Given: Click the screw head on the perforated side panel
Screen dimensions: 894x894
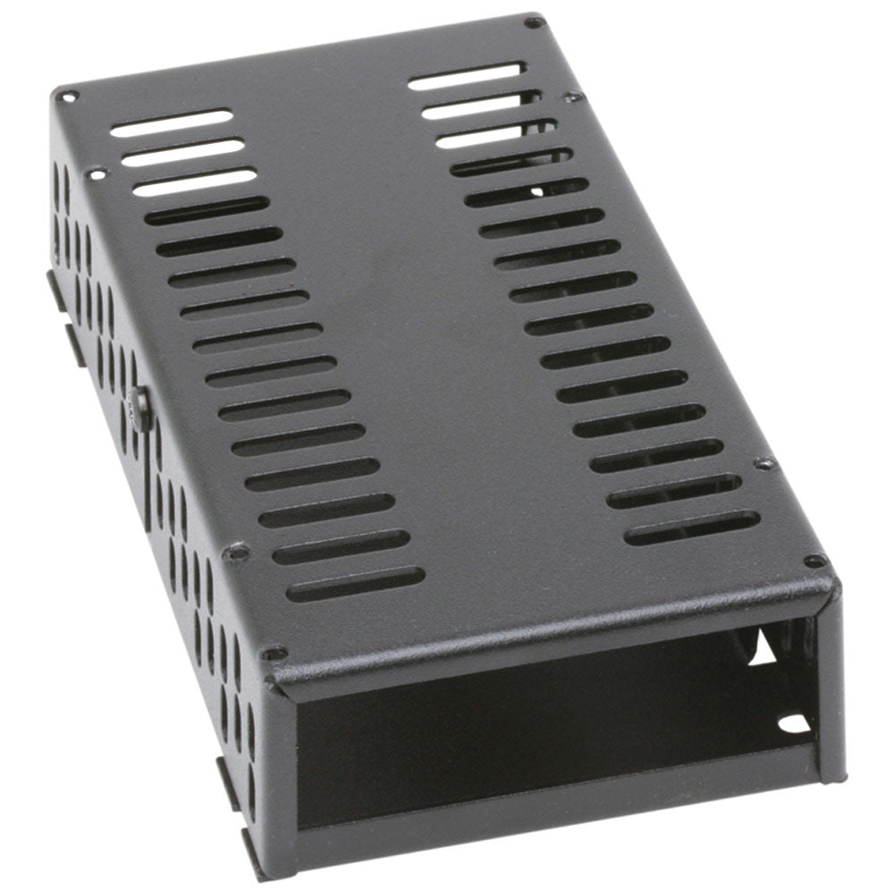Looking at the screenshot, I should (138, 409).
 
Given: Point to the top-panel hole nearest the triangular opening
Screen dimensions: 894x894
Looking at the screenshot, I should (814, 561).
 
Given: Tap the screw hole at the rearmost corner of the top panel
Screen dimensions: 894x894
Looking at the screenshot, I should (534, 21).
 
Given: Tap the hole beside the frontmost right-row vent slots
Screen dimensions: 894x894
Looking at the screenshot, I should (764, 463).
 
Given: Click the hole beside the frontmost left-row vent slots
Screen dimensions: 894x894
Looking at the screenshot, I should (236, 552).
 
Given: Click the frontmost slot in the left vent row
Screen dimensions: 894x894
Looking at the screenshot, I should (356, 585).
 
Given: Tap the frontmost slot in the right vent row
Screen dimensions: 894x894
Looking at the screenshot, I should (692, 527).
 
